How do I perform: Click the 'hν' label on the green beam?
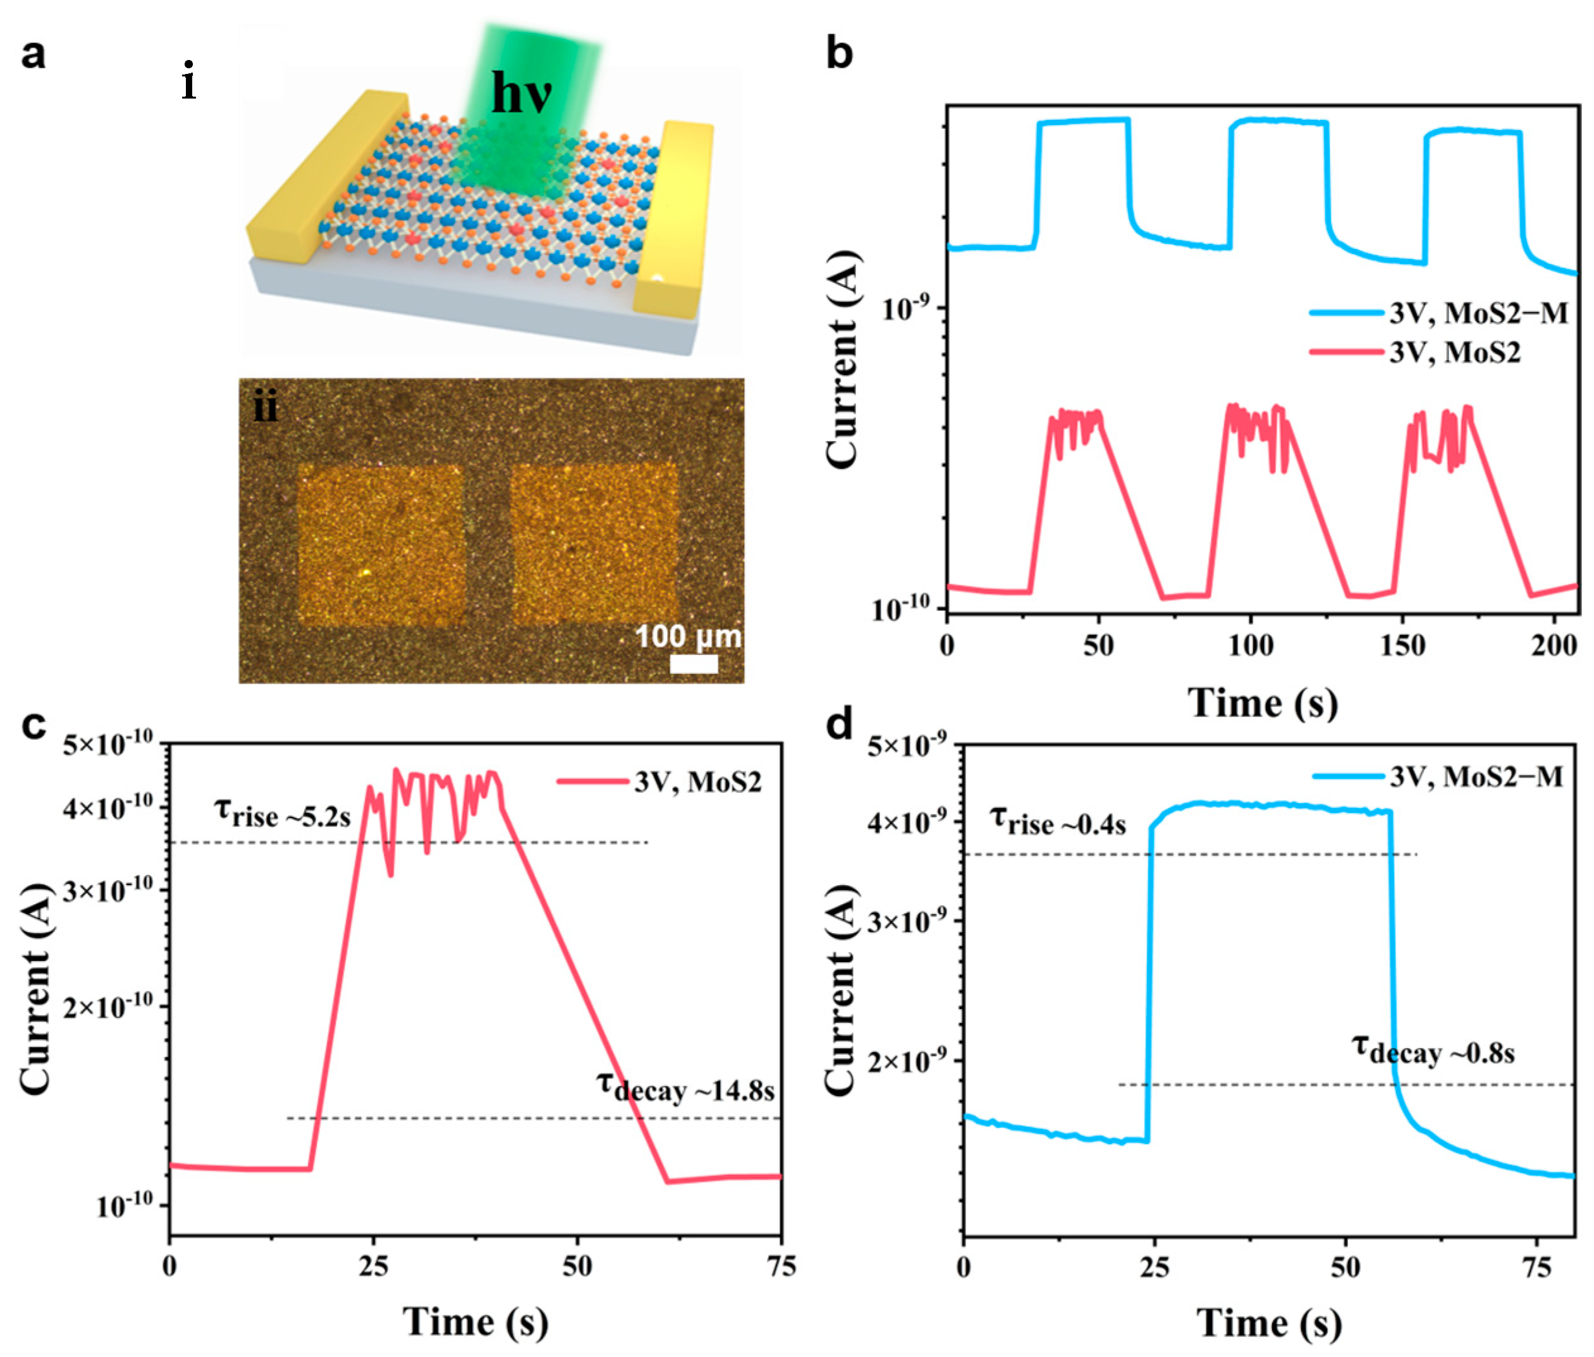coord(521,95)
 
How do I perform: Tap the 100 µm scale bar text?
coord(688,637)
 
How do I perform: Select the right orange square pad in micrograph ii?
coord(594,545)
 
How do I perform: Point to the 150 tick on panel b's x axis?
coord(1402,646)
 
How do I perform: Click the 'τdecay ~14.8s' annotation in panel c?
coord(685,1088)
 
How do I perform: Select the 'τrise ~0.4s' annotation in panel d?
coord(1058,822)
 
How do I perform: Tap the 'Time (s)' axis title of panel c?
coord(475,1322)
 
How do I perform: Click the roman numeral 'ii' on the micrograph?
coord(266,408)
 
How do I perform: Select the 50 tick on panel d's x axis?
coord(1346,1266)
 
